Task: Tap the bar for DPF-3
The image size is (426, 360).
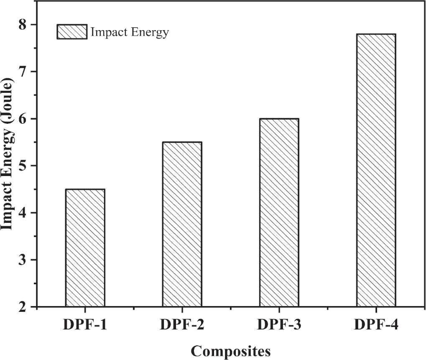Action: pyautogui.click(x=279, y=213)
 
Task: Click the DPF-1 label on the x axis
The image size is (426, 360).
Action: pyautogui.click(x=85, y=325)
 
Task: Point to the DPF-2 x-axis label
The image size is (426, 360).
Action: pyautogui.click(x=182, y=325)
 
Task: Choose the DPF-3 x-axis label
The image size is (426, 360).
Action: pyautogui.click(x=279, y=325)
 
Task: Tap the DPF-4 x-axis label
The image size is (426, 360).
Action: pyautogui.click(x=376, y=325)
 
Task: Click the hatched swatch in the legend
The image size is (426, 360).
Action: pyautogui.click(x=72, y=32)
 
